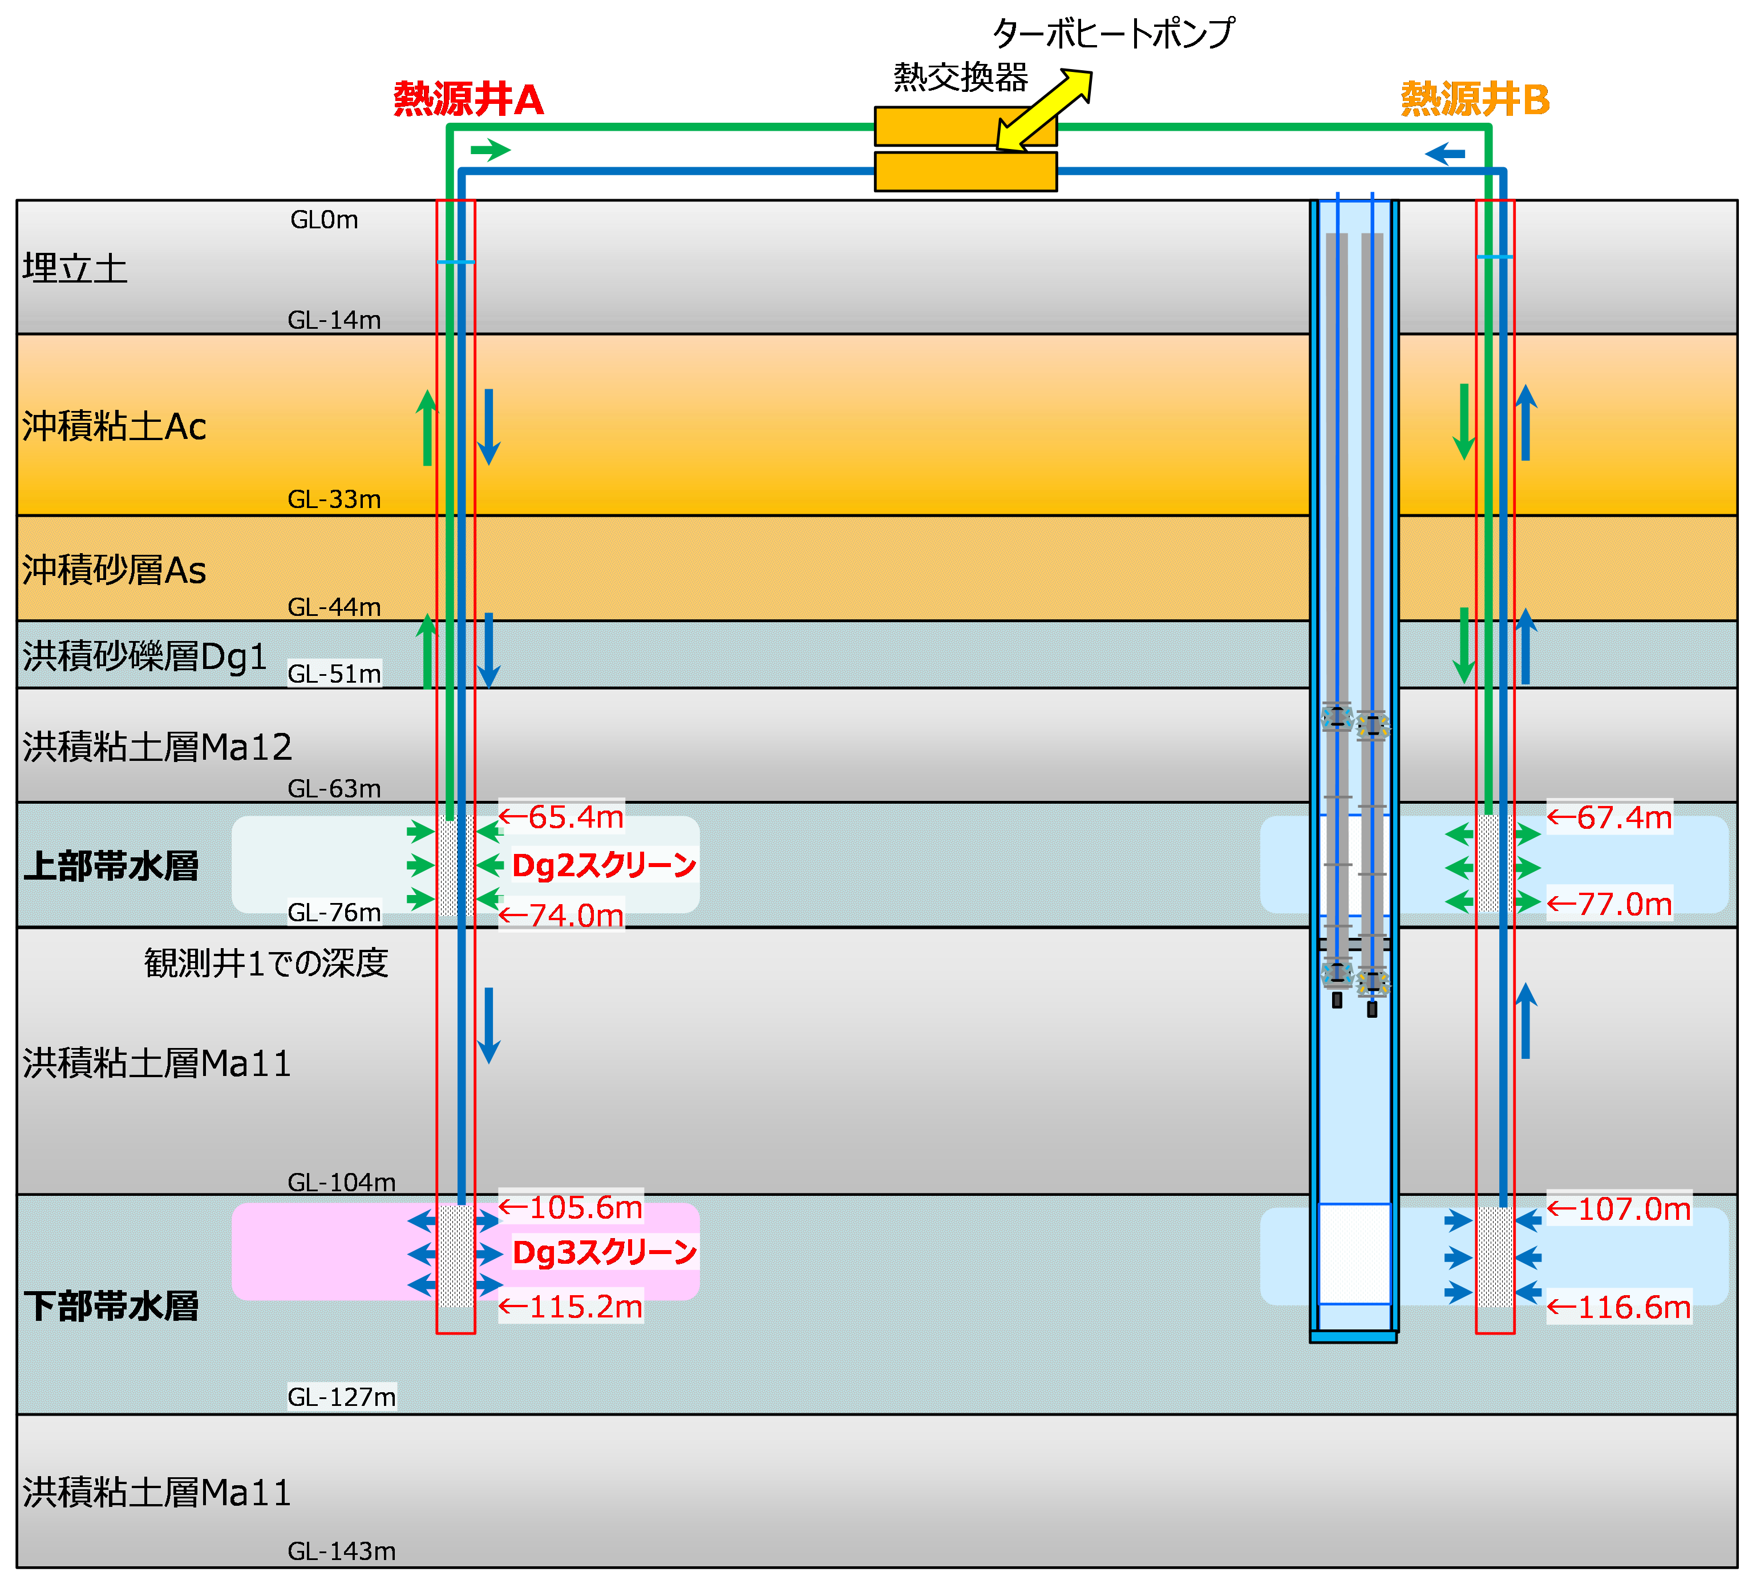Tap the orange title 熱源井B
pos(1475,99)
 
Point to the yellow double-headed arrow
pos(1043,111)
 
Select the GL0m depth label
pos(323,220)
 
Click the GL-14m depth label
pos(334,320)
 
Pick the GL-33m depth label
pos(334,499)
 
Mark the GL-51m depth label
pos(334,674)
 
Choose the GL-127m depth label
pos(341,1396)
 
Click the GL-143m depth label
pos(341,1551)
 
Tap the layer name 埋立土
pos(75,268)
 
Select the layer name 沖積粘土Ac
pos(114,426)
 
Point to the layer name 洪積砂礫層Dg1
pos(144,656)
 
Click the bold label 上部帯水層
pos(111,866)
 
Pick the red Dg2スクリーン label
pos(604,865)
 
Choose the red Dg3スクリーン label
pos(604,1252)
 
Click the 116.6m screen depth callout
pos(1618,1307)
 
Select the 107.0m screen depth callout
pos(1618,1209)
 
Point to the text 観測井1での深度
pos(266,963)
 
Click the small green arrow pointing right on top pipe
pos(490,150)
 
